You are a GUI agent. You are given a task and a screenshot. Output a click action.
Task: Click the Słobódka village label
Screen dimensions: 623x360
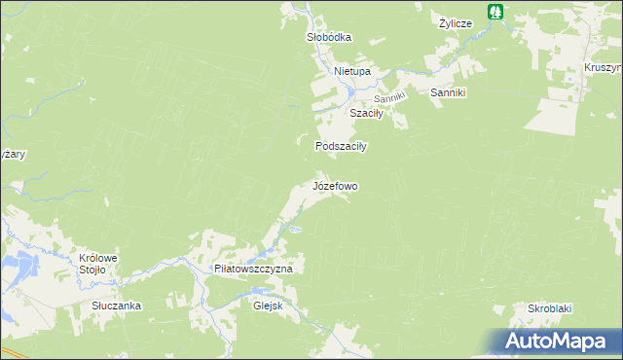[x=328, y=37]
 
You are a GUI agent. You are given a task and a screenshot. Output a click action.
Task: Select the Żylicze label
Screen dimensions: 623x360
[x=455, y=22]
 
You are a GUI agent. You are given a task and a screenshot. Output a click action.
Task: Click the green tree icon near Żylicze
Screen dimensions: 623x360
[x=496, y=12]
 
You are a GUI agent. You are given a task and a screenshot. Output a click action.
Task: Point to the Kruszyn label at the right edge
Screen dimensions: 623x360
[x=604, y=67]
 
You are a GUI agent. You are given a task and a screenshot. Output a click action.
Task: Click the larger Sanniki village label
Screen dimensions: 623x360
[x=450, y=92]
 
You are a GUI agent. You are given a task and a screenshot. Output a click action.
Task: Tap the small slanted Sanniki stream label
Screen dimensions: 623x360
[x=389, y=98]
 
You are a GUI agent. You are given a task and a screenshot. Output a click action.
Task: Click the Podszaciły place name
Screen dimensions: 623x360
[x=340, y=146]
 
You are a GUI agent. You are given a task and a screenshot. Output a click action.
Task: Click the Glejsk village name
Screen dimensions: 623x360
[x=267, y=304]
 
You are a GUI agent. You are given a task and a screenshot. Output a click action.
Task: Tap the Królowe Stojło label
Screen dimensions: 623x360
[x=98, y=264]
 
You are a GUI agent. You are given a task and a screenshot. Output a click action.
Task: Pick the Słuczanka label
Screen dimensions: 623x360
[x=117, y=306]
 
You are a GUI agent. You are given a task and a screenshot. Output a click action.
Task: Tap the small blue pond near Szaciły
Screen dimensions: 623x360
[x=350, y=92]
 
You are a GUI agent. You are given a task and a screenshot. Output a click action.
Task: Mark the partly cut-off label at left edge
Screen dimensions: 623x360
[x=12, y=155]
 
